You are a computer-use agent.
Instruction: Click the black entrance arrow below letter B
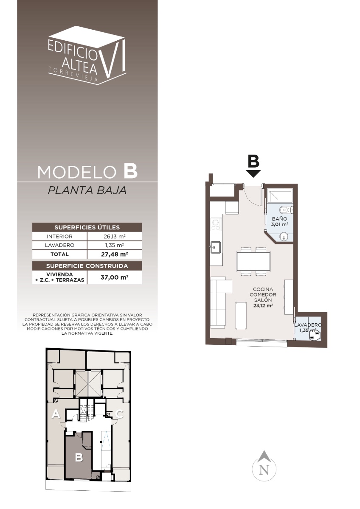click(253, 174)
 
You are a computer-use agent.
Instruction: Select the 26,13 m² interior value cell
click(114, 236)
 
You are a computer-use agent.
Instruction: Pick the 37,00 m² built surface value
click(114, 277)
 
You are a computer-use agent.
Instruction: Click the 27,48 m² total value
click(114, 254)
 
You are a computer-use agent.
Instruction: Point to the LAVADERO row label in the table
click(59, 245)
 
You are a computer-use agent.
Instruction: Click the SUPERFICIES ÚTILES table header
click(87, 227)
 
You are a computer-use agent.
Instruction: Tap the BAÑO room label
click(279, 219)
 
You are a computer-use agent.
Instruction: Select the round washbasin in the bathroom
click(283, 237)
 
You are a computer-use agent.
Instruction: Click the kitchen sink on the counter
click(215, 247)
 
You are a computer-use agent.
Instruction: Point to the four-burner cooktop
click(216, 224)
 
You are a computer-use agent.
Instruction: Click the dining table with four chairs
click(253, 261)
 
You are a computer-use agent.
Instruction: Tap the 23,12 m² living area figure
click(263, 306)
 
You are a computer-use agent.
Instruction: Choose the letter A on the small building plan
click(56, 414)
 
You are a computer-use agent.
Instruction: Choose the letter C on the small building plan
click(119, 414)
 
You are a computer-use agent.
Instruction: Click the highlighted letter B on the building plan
click(79, 457)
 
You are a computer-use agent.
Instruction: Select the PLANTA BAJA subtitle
click(87, 190)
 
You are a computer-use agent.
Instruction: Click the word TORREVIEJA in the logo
click(73, 74)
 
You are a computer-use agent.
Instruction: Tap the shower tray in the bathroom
click(280, 196)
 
